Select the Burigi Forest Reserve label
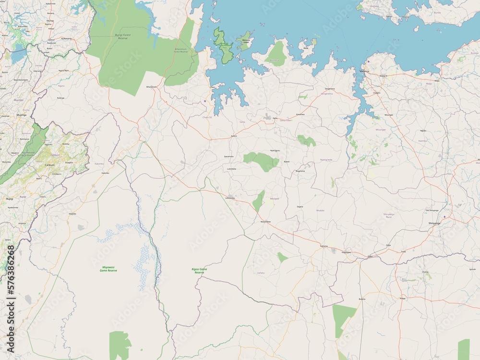117,36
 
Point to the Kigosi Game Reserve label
199,270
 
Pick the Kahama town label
324,246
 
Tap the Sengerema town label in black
329,89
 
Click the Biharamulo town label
151,87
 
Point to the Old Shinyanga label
432,210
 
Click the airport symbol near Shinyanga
444,216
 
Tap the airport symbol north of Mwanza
368,61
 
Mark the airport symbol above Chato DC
205,101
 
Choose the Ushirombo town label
230,198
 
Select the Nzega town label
402,298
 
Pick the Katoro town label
234,136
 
